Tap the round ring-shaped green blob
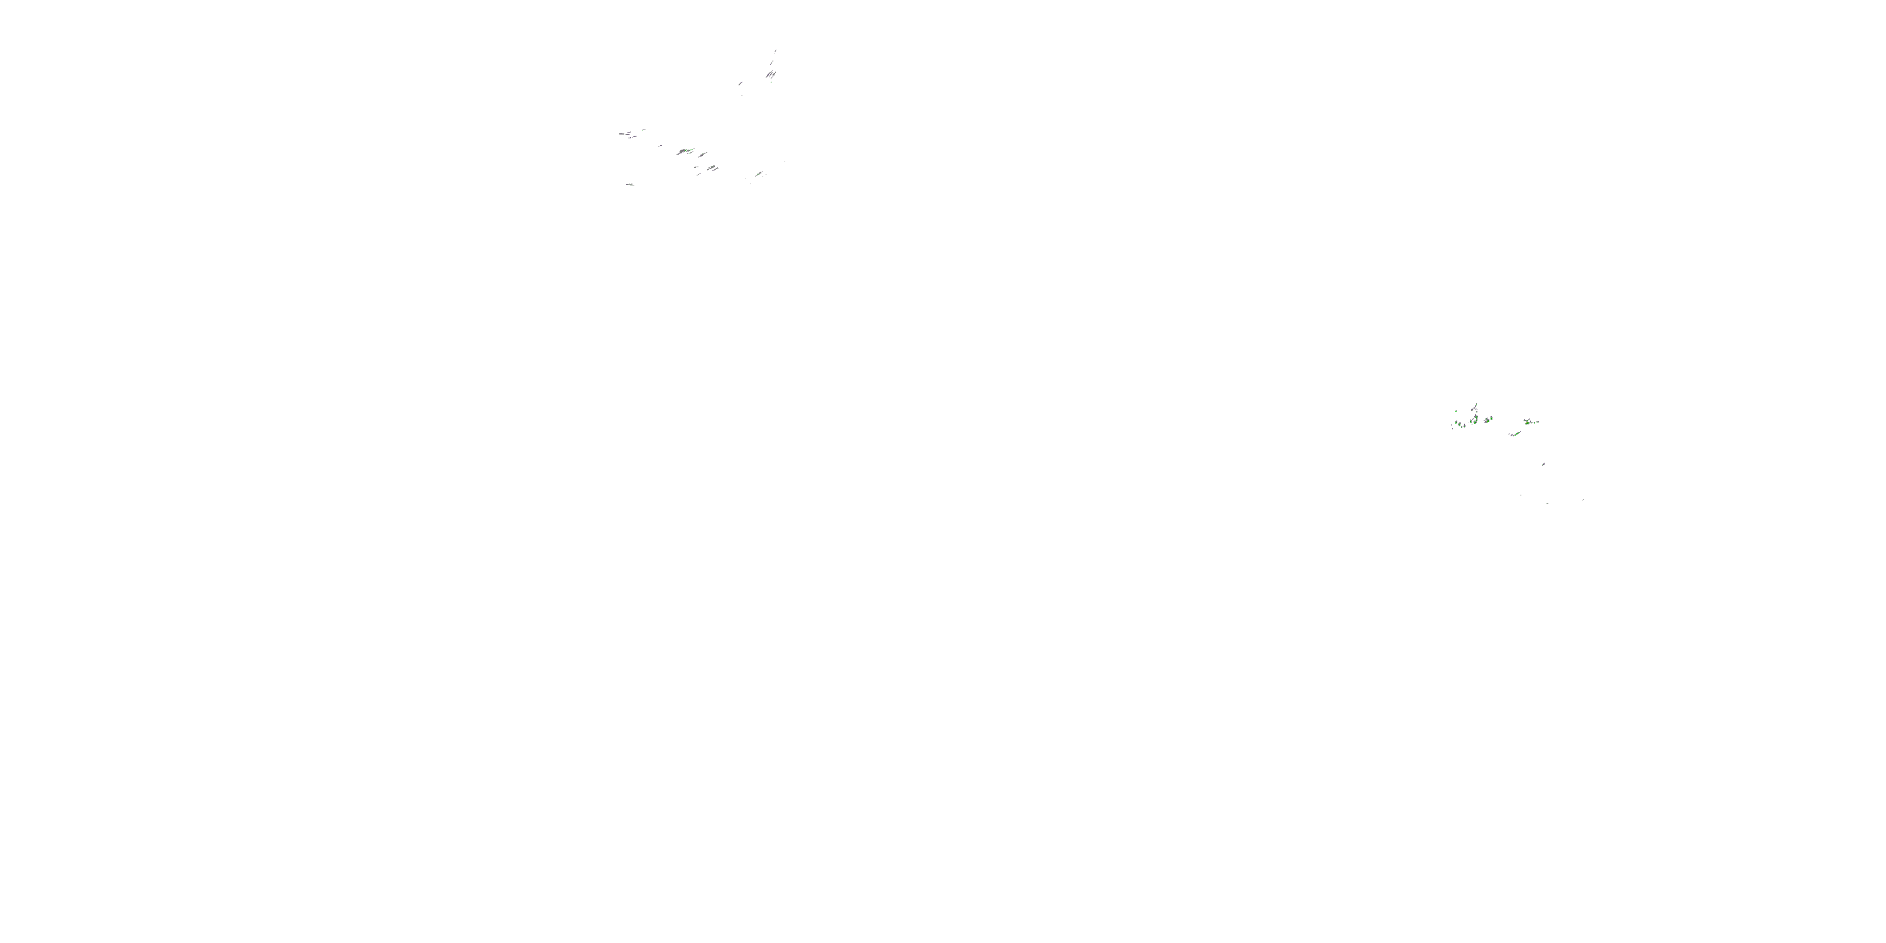1475,422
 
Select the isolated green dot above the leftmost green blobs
1456,412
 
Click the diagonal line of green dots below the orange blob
1517,434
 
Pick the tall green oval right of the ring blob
1491,419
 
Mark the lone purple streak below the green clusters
1544,464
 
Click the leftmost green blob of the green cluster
1456,422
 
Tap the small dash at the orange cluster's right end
1538,422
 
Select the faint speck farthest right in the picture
1584,500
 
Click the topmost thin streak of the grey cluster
775,52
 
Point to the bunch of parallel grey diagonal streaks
771,75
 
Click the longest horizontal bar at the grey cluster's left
622,134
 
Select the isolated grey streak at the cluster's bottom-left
631,185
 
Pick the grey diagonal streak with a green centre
759,174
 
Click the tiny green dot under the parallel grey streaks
771,83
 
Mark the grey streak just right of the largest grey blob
703,155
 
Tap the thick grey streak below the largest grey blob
712,168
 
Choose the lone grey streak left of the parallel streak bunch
741,84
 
